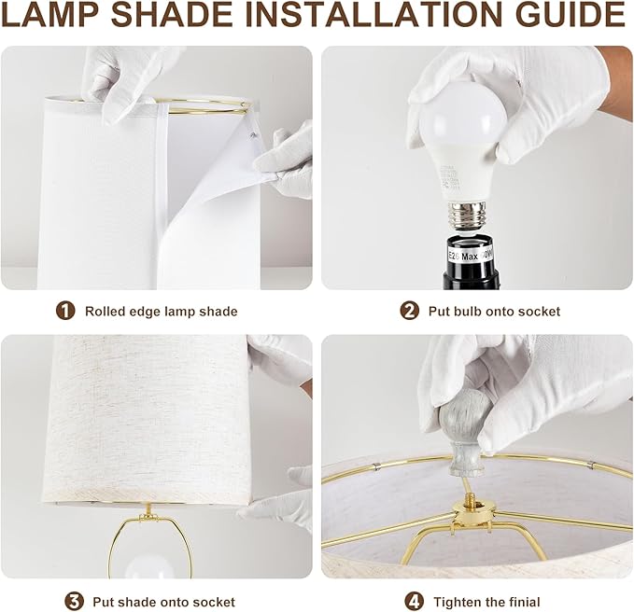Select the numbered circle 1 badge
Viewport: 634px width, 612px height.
[x=65, y=311]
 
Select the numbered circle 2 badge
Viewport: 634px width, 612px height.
[x=409, y=311]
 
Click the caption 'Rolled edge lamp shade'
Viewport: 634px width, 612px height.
[x=161, y=312]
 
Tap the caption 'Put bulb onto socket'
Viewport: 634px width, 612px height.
[x=494, y=312]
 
